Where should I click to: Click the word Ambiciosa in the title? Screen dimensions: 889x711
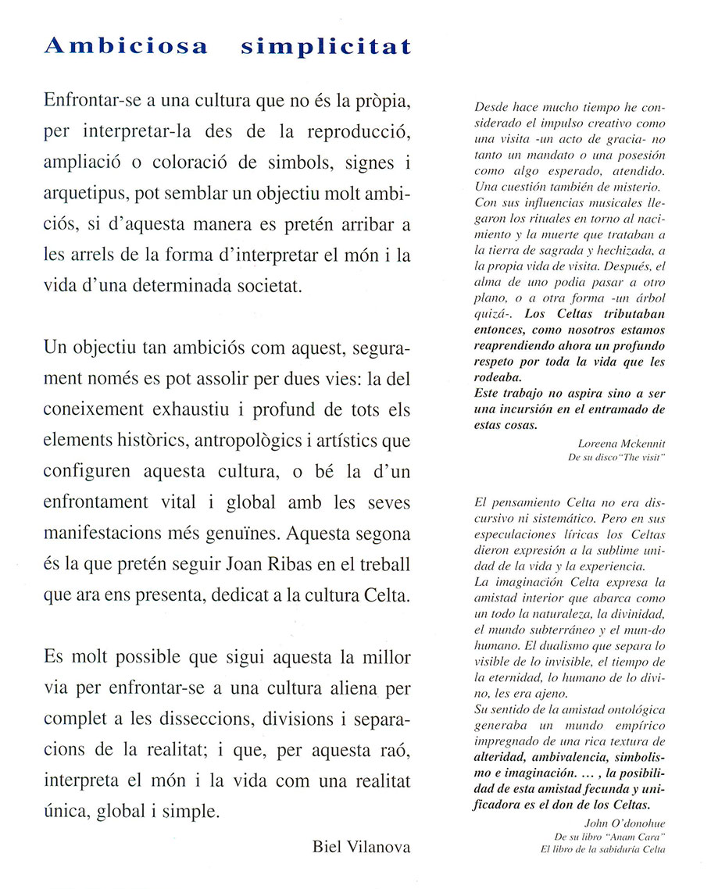coord(127,46)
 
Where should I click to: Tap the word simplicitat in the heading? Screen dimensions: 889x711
coord(326,47)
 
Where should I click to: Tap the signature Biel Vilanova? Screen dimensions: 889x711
coord(361,846)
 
